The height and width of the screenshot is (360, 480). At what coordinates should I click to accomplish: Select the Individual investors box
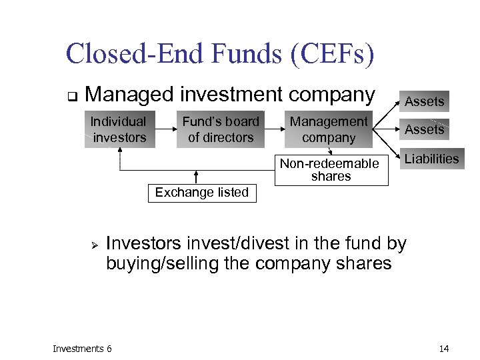[119, 129]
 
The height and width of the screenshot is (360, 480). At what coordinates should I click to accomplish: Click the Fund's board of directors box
[221, 129]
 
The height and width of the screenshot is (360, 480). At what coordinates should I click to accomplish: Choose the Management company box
[328, 129]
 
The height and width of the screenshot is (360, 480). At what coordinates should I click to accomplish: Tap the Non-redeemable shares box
[331, 170]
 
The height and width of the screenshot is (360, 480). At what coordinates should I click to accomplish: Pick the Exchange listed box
[201, 193]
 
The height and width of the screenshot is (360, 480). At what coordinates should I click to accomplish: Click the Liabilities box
[431, 159]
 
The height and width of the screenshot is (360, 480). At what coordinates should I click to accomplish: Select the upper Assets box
[425, 101]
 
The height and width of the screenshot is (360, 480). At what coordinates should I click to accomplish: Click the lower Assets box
[425, 129]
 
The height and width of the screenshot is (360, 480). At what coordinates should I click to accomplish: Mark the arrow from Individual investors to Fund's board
[165, 129]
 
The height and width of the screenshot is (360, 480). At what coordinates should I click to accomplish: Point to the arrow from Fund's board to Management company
[275, 129]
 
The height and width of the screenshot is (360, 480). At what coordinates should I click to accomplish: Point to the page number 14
[444, 348]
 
